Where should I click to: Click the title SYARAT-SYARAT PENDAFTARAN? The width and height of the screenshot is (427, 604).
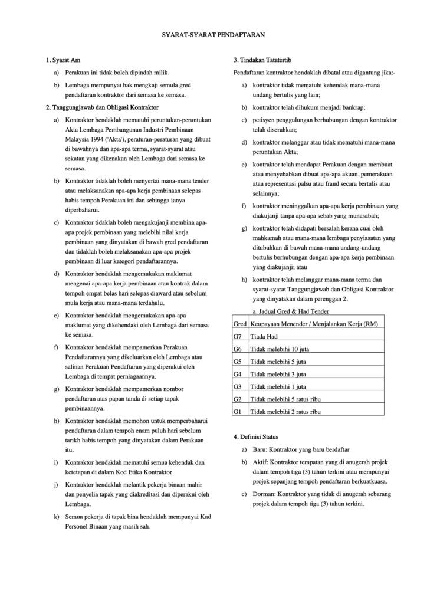click(x=213, y=35)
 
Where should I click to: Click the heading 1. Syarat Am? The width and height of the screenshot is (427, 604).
click(x=63, y=61)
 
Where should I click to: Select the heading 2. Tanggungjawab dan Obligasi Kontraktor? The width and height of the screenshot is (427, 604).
click(x=102, y=107)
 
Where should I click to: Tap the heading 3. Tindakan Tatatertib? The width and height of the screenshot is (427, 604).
click(x=262, y=61)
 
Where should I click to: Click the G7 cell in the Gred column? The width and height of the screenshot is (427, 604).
click(x=239, y=336)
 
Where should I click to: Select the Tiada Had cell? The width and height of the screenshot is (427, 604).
click(x=263, y=336)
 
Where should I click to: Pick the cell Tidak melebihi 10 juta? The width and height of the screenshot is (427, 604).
click(x=280, y=349)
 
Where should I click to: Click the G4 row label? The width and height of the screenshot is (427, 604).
click(x=239, y=374)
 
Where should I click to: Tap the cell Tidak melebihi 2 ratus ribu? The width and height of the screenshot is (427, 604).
click(x=285, y=411)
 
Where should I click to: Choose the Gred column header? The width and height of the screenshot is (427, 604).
click(x=240, y=324)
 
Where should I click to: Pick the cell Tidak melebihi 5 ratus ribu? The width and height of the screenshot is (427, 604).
click(x=285, y=399)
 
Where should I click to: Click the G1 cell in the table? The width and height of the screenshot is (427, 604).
click(x=239, y=411)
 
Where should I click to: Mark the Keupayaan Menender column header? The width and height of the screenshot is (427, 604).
click(x=314, y=324)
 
